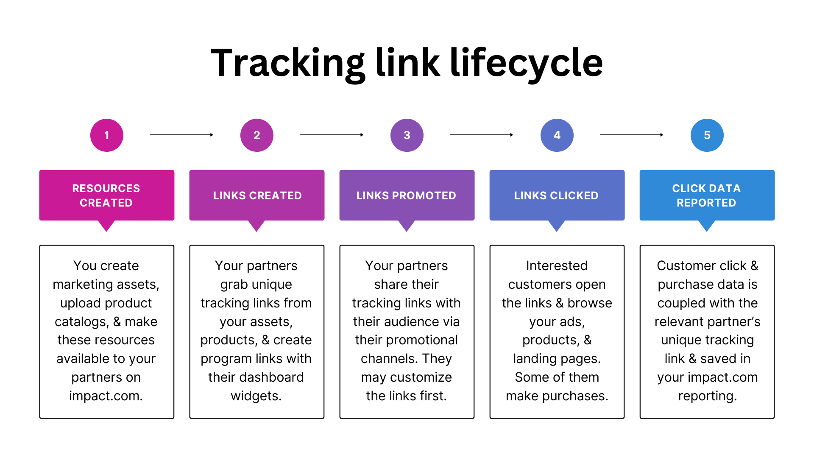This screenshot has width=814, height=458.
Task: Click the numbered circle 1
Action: click(x=107, y=135)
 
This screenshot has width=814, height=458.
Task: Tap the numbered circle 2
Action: click(x=257, y=135)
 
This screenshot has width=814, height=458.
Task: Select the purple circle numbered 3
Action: click(x=407, y=135)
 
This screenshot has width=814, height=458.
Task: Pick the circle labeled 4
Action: click(x=557, y=135)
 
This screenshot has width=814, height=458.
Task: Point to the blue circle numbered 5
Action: click(x=707, y=135)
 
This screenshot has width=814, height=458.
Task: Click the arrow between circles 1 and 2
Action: click(x=181, y=135)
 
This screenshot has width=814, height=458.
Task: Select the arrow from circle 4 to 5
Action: click(x=632, y=135)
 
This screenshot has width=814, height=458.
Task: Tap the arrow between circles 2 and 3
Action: click(x=332, y=135)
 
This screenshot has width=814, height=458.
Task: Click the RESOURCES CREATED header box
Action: click(x=106, y=195)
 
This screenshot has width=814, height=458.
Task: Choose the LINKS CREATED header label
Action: click(x=257, y=195)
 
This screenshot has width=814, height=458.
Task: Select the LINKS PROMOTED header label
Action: click(x=406, y=195)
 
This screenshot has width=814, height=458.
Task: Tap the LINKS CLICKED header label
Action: click(x=556, y=195)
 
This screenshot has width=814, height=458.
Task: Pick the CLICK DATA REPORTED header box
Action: click(x=707, y=195)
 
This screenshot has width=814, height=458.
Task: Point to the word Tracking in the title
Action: click(x=287, y=63)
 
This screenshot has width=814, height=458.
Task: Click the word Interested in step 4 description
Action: click(x=557, y=266)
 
